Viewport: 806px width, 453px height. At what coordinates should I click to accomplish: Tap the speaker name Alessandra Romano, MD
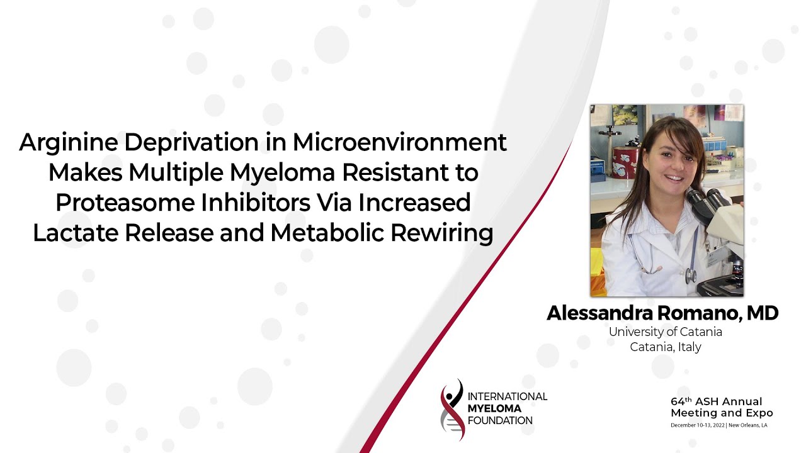(662, 313)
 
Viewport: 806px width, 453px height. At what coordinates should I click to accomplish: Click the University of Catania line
(665, 332)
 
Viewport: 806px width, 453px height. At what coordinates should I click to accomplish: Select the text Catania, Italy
(665, 347)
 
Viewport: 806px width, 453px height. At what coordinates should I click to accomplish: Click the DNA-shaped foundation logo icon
(452, 409)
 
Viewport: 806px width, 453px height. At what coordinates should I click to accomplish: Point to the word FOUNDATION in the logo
(500, 420)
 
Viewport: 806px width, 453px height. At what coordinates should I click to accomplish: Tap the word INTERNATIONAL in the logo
(507, 396)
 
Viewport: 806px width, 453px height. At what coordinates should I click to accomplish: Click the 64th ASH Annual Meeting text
(721, 407)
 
